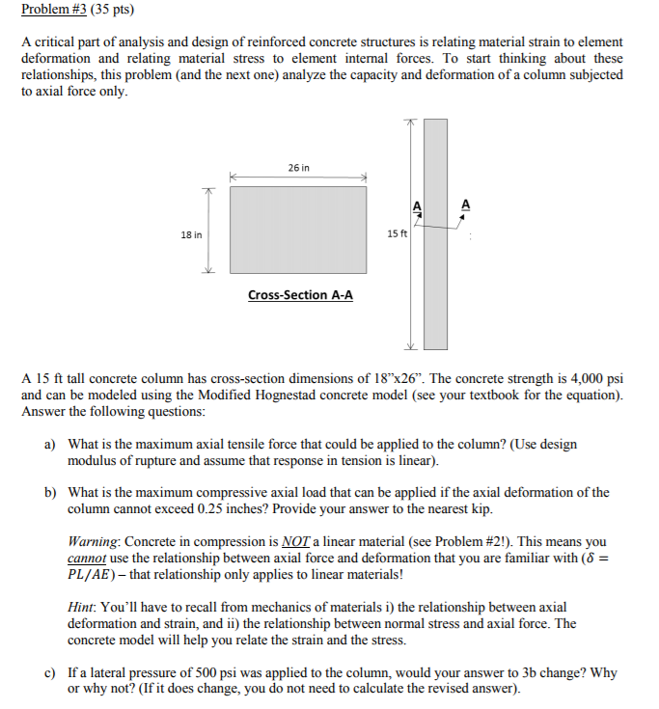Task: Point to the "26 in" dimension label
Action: coord(299,168)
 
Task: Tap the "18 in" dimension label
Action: coord(191,234)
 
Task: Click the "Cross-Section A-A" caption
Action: coord(300,295)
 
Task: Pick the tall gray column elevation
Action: coord(436,233)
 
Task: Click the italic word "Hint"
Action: coord(83,608)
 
